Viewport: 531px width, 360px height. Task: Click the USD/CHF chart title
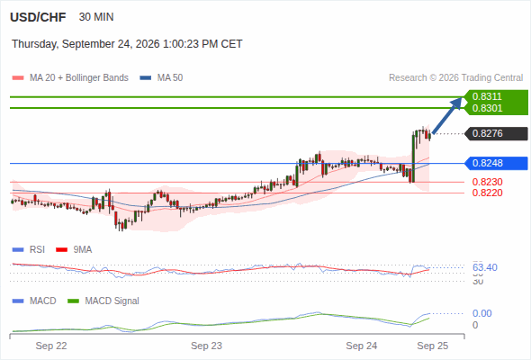38,17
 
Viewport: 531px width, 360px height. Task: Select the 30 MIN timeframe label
96,17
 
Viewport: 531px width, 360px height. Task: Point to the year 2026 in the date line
148,44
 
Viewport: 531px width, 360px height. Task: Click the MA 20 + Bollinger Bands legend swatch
18,78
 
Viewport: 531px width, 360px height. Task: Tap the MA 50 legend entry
161,78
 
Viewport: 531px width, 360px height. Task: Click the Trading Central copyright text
455,78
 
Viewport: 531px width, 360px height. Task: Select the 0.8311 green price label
487,96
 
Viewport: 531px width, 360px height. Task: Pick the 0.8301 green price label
487,108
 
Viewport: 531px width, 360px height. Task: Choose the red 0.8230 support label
487,182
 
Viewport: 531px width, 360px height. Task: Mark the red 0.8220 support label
487,193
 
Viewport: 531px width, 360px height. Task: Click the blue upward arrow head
457,103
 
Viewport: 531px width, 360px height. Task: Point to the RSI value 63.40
485,267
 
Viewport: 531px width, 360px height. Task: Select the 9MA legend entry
74,250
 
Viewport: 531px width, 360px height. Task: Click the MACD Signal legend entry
103,301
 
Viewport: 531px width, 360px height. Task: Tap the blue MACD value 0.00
481,313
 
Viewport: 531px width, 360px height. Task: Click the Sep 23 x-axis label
206,346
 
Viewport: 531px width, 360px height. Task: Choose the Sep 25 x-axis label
433,346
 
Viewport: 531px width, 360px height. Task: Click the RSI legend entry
29,250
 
